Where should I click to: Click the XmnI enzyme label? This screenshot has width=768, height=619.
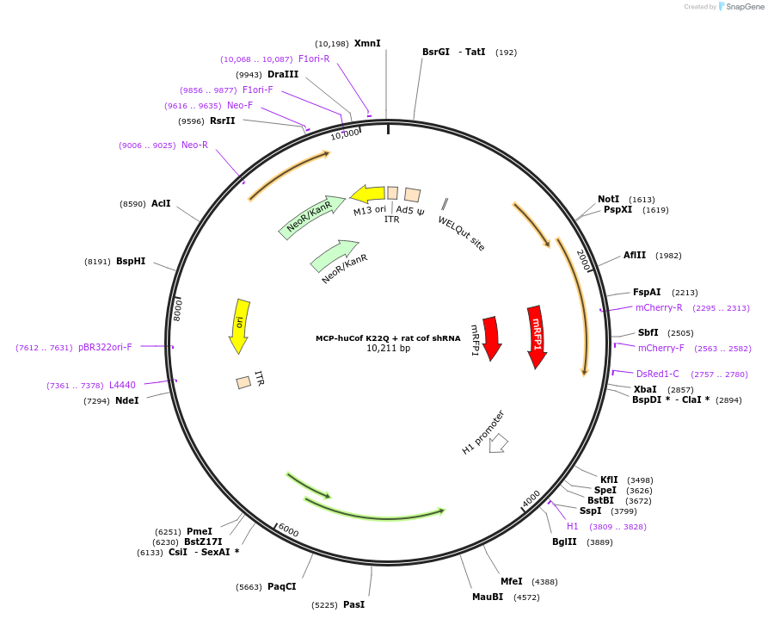367,43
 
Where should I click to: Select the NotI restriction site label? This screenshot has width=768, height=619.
608,199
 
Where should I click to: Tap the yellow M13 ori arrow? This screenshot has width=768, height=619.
368,194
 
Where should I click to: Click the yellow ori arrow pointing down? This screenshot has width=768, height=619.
239,325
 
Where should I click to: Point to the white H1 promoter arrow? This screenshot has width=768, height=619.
499,443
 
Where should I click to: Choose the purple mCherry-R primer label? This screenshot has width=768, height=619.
659,307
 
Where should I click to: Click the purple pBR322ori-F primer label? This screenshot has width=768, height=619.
105,347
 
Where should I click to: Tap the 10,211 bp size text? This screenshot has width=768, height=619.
388,349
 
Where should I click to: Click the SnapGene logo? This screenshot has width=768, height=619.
741,6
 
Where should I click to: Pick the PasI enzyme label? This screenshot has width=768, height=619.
353,604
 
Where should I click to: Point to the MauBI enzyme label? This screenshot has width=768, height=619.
488,597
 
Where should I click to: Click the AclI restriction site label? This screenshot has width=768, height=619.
161,203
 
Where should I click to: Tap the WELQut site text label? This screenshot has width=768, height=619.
462,233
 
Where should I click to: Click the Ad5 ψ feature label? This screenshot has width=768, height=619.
410,211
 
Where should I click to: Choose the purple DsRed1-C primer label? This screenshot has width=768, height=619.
657,374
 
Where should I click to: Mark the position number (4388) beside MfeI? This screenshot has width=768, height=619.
544,582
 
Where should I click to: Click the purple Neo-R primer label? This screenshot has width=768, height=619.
194,145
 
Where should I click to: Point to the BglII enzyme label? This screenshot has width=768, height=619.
565,542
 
